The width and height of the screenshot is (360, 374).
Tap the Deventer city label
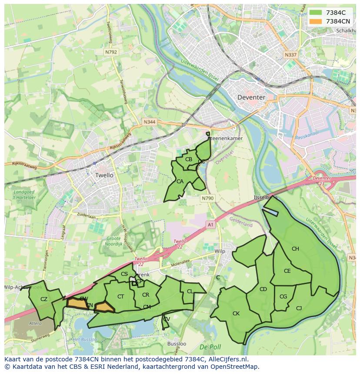click(x=251, y=97)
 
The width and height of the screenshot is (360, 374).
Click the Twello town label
click(x=104, y=175)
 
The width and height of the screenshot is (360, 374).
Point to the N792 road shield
click(x=111, y=52)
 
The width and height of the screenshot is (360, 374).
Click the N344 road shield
click(x=149, y=122)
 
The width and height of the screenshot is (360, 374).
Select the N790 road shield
click(x=207, y=198)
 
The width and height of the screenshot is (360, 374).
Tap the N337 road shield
click(x=290, y=55)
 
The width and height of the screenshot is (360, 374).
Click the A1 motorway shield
click(x=210, y=225)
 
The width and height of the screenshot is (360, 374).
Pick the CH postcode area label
click(x=295, y=249)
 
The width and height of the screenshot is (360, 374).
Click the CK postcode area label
click(x=236, y=313)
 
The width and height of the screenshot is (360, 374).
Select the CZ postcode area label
click(x=43, y=299)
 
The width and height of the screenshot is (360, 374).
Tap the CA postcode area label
click(x=180, y=182)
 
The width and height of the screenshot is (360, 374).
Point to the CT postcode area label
click(x=121, y=297)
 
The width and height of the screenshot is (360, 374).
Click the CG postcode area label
click(x=283, y=297)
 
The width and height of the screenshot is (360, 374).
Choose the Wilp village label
click(x=220, y=252)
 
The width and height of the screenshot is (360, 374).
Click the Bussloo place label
click(x=177, y=344)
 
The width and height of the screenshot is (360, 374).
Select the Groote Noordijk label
click(x=113, y=241)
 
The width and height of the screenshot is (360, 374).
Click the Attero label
click(x=35, y=323)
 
